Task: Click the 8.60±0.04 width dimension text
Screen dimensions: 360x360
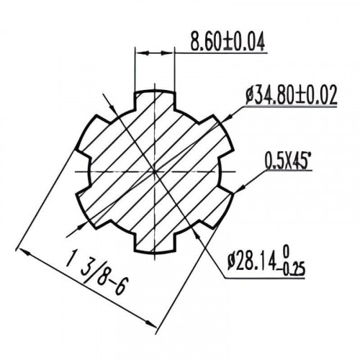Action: [x=226, y=42]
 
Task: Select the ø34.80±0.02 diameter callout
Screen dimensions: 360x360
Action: [x=292, y=96]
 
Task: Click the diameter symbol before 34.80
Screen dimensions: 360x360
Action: [x=250, y=96]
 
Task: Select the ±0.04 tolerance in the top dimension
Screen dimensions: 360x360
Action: [x=244, y=42]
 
